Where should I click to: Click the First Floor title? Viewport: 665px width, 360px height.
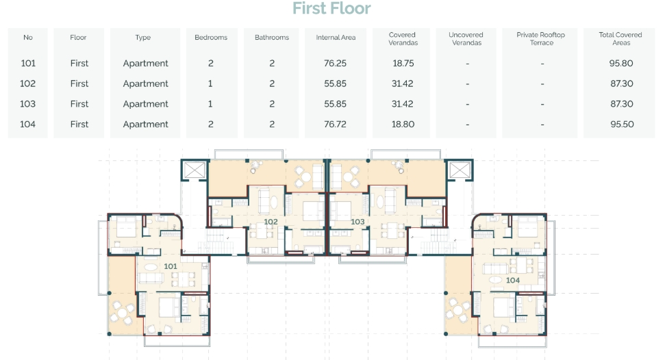pyautogui.click(x=331, y=8)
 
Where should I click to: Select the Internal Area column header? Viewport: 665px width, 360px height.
pyautogui.click(x=336, y=38)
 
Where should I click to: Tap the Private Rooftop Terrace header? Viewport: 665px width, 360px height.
pyautogui.click(x=541, y=38)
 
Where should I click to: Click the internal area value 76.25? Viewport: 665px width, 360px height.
pyautogui.click(x=335, y=63)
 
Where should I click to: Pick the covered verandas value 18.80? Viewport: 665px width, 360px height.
pyautogui.click(x=403, y=125)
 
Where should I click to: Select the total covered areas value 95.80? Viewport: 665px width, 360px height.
pyautogui.click(x=621, y=63)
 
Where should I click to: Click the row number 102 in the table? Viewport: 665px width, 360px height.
pyautogui.click(x=27, y=83)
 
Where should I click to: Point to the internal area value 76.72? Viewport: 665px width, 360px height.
pyautogui.click(x=335, y=125)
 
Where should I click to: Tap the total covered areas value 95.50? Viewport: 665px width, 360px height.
pyautogui.click(x=622, y=125)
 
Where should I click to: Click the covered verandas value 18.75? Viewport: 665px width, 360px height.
pyautogui.click(x=403, y=63)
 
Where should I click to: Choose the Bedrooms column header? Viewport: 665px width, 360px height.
pyautogui.click(x=211, y=38)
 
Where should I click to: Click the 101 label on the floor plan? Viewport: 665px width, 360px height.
pyautogui.click(x=171, y=266)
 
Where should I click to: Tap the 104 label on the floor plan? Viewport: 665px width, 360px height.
pyautogui.click(x=513, y=281)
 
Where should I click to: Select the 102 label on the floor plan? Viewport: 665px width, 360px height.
pyautogui.click(x=271, y=222)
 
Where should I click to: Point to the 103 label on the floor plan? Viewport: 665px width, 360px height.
pyautogui.click(x=357, y=222)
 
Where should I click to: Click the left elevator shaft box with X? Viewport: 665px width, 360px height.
pyautogui.click(x=195, y=170)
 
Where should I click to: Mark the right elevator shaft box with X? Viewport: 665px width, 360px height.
pyautogui.click(x=460, y=170)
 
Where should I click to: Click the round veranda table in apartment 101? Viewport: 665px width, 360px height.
pyautogui.click(x=122, y=313)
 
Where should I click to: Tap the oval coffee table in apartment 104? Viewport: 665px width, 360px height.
pyautogui.click(x=495, y=281)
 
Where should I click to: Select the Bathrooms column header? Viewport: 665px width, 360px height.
pyautogui.click(x=272, y=38)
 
